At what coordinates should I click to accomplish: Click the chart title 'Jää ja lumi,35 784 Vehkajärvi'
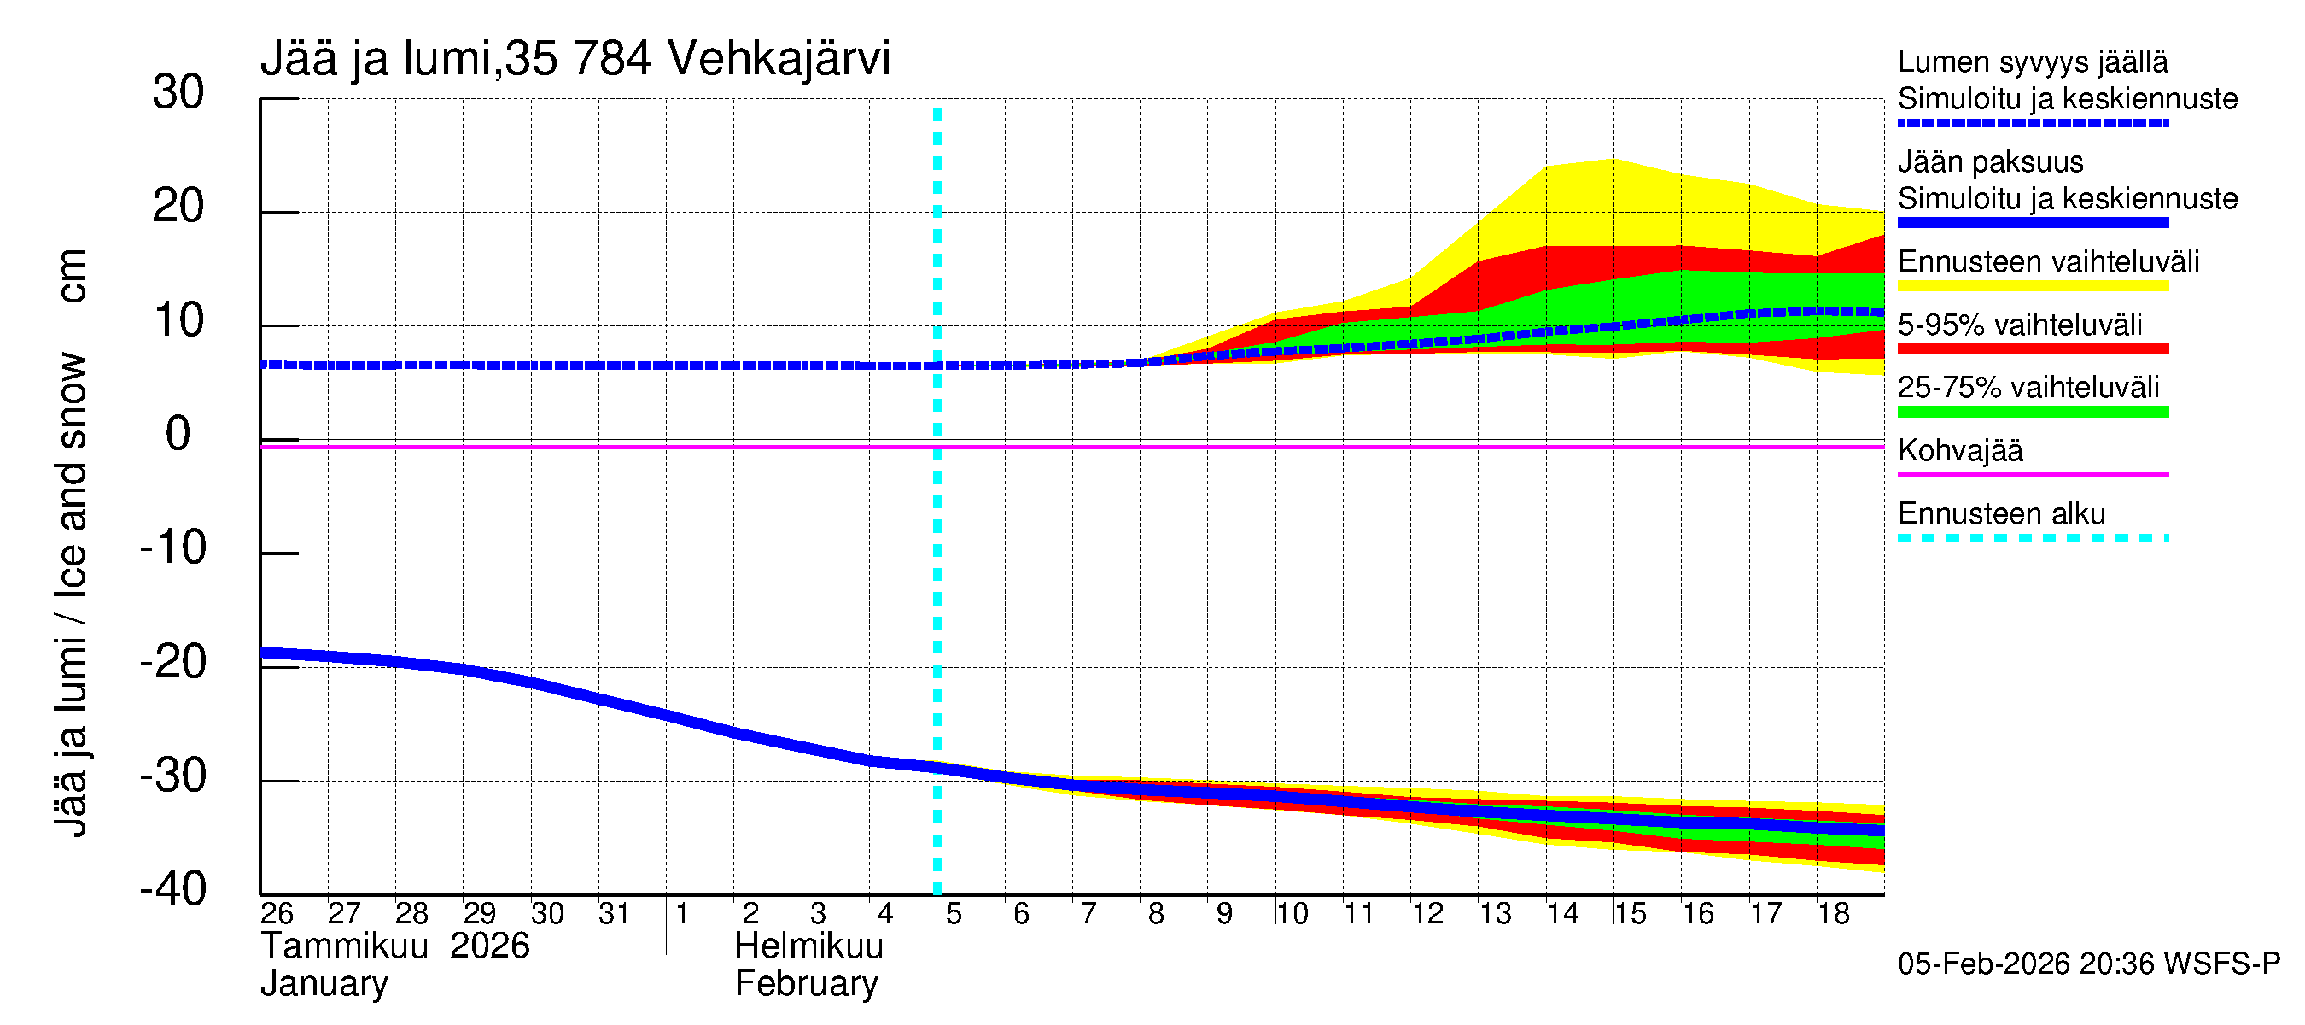(575, 59)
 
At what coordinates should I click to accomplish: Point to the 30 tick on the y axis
(178, 93)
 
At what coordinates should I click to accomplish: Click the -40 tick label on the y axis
(172, 890)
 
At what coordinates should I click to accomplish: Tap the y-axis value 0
(178, 435)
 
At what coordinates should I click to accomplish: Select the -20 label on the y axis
(172, 664)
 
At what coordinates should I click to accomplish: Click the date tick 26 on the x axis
(277, 914)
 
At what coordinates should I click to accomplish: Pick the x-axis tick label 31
(614, 914)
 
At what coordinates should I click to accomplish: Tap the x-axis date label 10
(1291, 914)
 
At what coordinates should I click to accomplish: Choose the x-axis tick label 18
(1834, 914)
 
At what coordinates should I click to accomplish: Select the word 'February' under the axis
(806, 984)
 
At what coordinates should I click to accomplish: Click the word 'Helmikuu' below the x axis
(809, 946)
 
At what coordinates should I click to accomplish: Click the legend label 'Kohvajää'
(1959, 450)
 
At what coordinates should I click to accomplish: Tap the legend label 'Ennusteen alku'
(2002, 514)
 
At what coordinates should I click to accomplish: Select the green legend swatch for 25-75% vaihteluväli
(2032, 412)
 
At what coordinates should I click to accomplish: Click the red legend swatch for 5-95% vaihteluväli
(2032, 349)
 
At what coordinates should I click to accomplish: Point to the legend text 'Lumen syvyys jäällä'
(2032, 62)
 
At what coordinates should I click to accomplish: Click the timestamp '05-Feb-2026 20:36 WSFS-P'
(2088, 964)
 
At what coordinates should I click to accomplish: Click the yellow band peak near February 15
(1613, 161)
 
